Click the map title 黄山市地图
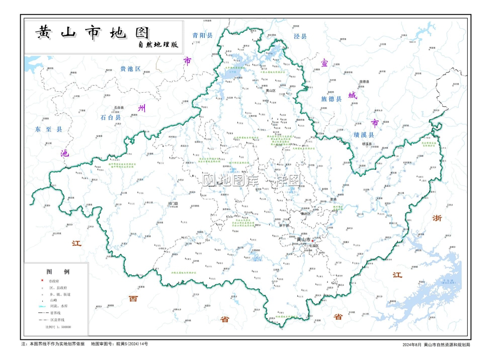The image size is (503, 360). tap(92, 33)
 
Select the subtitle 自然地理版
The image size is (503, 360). tap(159, 45)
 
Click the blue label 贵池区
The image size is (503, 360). tap(130, 68)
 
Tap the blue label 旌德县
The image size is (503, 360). tap(331, 99)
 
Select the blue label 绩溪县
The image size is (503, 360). tap(363, 135)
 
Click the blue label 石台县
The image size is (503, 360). tap(111, 117)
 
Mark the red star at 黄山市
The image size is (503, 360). tap(312, 241)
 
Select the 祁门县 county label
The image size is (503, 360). tap(173, 204)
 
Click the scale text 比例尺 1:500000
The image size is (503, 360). tap(58, 327)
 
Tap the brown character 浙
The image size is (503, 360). tap(437, 219)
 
